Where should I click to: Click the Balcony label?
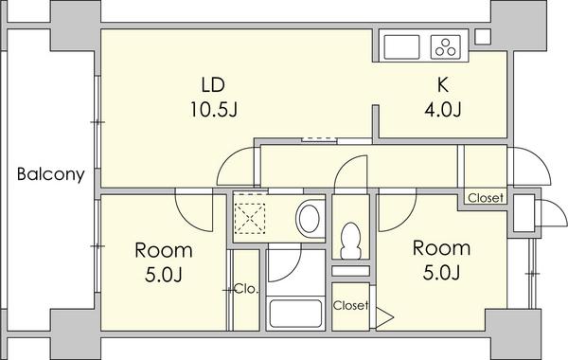point(51,174)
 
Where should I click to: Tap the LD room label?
point(213,84)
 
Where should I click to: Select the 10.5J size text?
point(213,110)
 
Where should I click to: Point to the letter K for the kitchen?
point(443,84)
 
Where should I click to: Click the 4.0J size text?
point(443,110)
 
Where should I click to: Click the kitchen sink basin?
point(401,46)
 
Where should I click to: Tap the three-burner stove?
point(446,46)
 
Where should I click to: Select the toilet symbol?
point(350,241)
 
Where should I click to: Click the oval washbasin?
point(308,219)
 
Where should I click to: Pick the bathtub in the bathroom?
point(295,314)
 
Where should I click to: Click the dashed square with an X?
point(250,218)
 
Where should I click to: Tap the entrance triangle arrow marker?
point(384,317)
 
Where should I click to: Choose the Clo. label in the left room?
point(247,289)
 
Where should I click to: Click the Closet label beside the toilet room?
point(350,306)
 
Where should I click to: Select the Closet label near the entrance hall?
point(486,198)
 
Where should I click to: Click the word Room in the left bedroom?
point(164,250)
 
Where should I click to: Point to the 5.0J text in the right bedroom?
point(441,274)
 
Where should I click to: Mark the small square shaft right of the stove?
point(483,37)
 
